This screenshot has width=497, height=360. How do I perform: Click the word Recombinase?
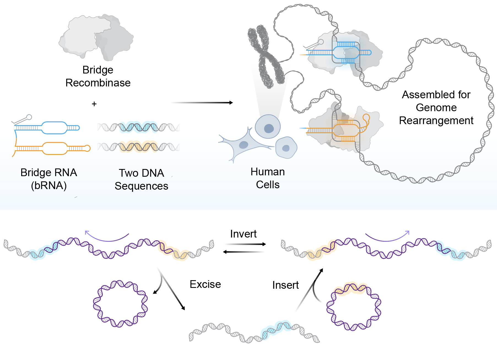[98, 83]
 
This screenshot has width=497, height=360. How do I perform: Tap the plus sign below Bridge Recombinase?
[94, 104]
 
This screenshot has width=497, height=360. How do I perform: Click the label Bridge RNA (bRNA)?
[49, 179]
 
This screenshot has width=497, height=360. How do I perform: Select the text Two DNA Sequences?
[141, 179]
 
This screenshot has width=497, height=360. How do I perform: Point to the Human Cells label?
[268, 178]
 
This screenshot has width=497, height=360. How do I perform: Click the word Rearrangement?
[436, 121]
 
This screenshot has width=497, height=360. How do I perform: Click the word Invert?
[243, 234]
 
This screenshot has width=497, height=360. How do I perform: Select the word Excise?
[205, 284]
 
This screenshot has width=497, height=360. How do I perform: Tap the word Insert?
[285, 285]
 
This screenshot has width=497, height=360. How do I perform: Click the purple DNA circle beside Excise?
[120, 304]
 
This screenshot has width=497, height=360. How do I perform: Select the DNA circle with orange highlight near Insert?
[353, 306]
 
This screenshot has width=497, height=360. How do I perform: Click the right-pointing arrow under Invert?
[245, 244]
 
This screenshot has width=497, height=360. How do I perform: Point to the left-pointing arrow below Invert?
[244, 252]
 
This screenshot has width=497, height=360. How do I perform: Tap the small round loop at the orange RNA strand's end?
[87, 148]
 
